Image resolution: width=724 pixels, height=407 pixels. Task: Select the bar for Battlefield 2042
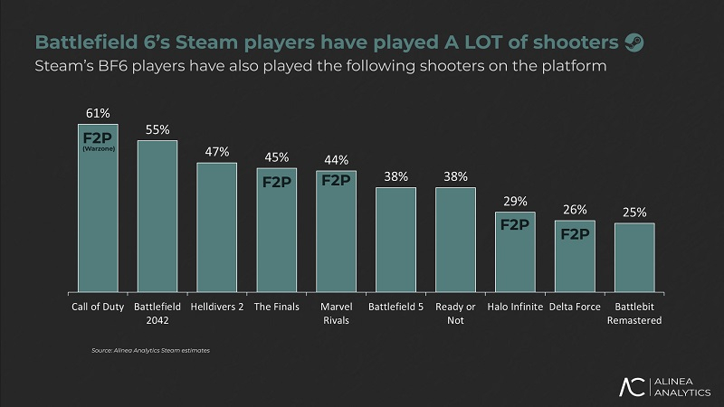point(157,217)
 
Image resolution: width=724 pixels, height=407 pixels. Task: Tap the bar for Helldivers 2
point(217,228)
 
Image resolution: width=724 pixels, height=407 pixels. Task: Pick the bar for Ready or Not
point(455,241)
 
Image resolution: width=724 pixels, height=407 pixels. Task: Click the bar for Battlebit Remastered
point(634,258)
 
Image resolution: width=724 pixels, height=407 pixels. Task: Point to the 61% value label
point(98,113)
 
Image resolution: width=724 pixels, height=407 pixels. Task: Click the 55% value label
point(157,129)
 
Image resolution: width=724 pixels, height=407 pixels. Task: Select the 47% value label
point(217,151)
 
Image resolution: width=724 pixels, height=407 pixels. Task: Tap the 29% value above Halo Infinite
point(515,201)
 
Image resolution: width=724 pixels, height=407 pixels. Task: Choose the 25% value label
point(634,212)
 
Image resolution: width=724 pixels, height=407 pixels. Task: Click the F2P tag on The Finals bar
point(277,181)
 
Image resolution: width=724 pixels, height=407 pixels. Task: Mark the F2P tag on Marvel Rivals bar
point(336,180)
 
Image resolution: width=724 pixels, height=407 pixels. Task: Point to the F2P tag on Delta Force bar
point(575,234)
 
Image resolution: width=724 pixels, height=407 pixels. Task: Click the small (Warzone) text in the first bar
point(98,151)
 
